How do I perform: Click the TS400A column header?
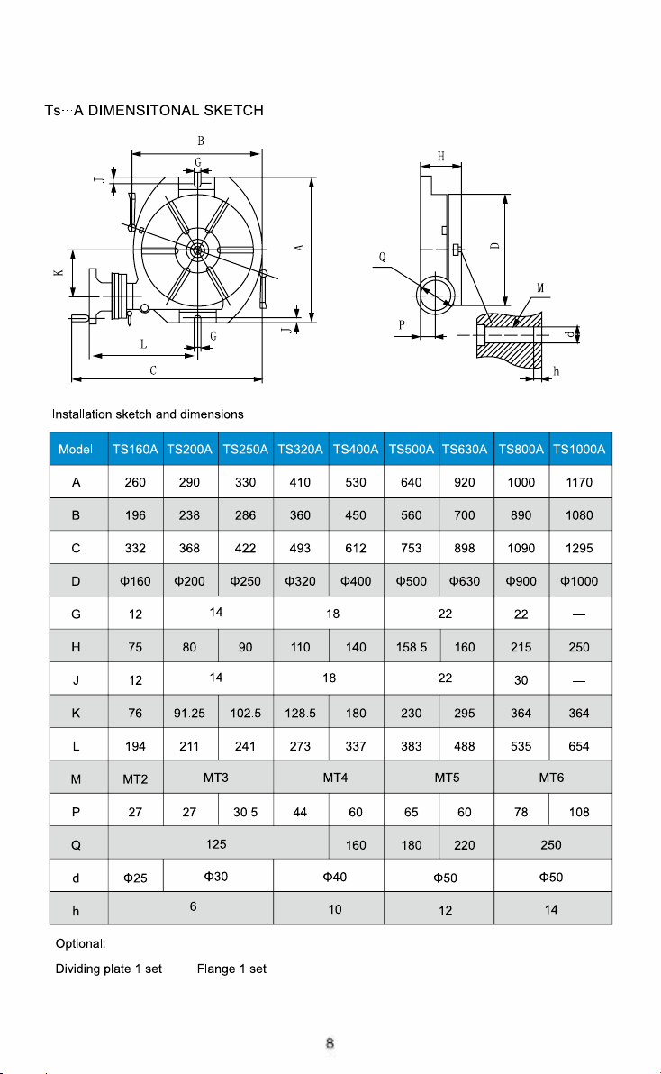(356, 450)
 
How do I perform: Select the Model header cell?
(76, 450)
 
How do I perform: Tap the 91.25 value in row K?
(189, 713)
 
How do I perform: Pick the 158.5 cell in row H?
(412, 647)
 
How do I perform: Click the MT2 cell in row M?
(135, 778)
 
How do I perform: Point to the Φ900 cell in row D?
(521, 581)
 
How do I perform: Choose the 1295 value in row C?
(579, 549)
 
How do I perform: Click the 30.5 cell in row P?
(246, 813)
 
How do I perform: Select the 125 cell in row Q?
(216, 844)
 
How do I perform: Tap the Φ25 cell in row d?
(135, 878)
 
